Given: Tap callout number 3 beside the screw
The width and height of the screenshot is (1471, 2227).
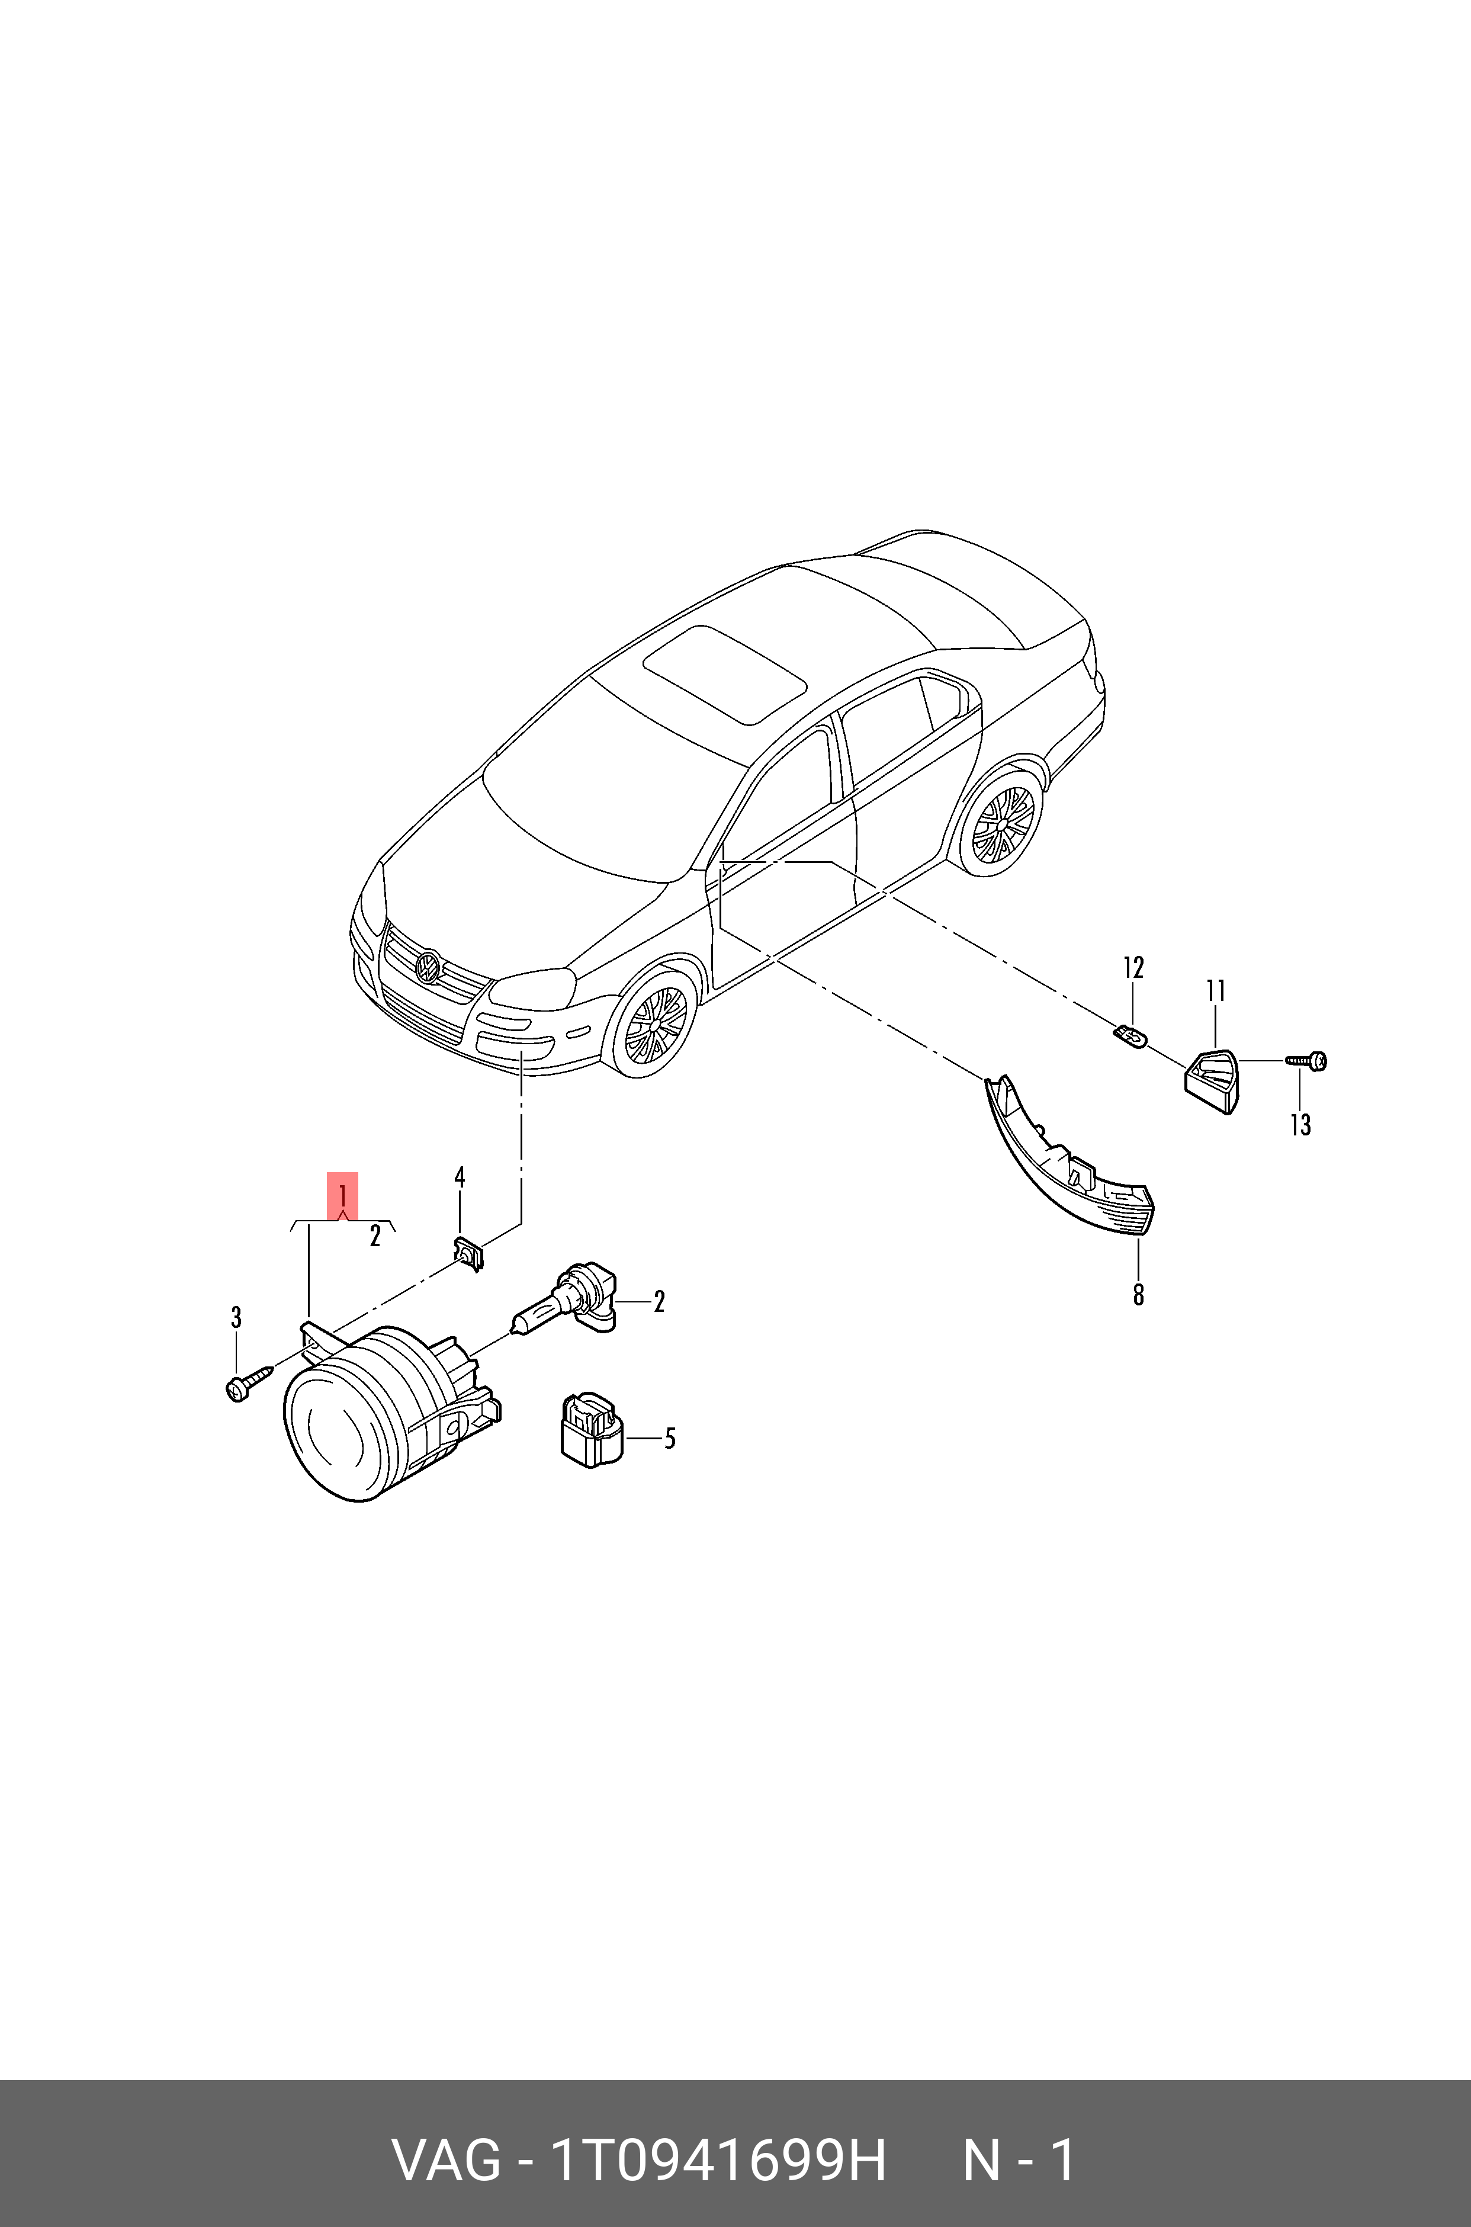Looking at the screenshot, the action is click(x=236, y=1318).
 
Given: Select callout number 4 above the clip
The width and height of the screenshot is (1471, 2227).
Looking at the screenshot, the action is click(x=460, y=1177).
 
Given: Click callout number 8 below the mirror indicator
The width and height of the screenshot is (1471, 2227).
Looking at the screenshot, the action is click(x=1138, y=1295).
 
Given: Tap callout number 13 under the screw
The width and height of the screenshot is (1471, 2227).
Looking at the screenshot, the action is click(x=1300, y=1125).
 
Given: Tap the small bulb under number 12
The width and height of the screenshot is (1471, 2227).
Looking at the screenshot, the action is click(x=1132, y=1038).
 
